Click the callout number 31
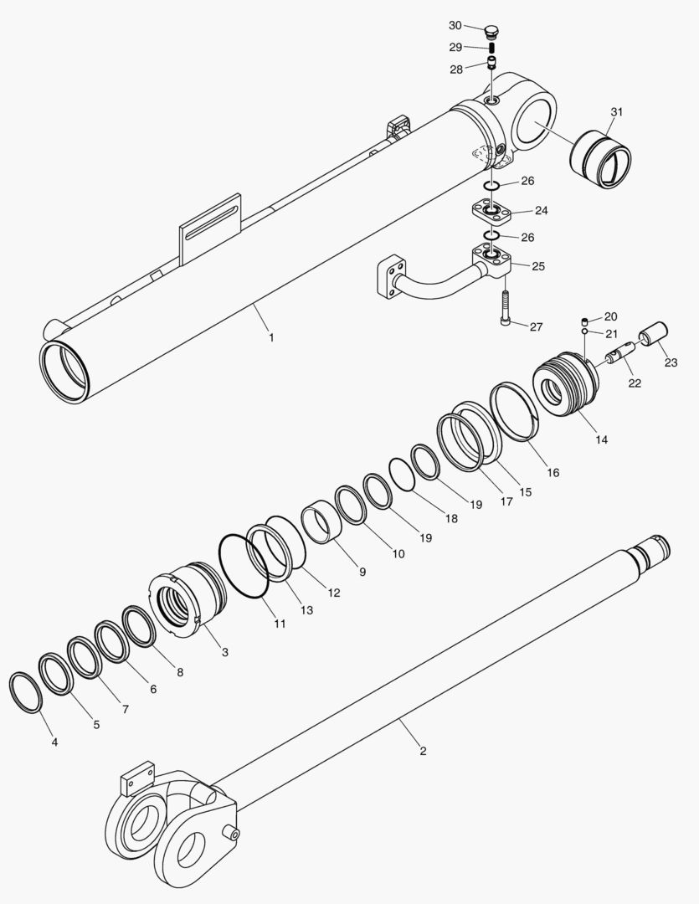coord(616,112)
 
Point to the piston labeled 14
coord(567,386)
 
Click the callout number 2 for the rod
coord(423,751)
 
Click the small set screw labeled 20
coord(584,321)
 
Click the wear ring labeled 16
coord(514,411)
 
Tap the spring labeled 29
coord(493,49)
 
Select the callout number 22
coord(634,383)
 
